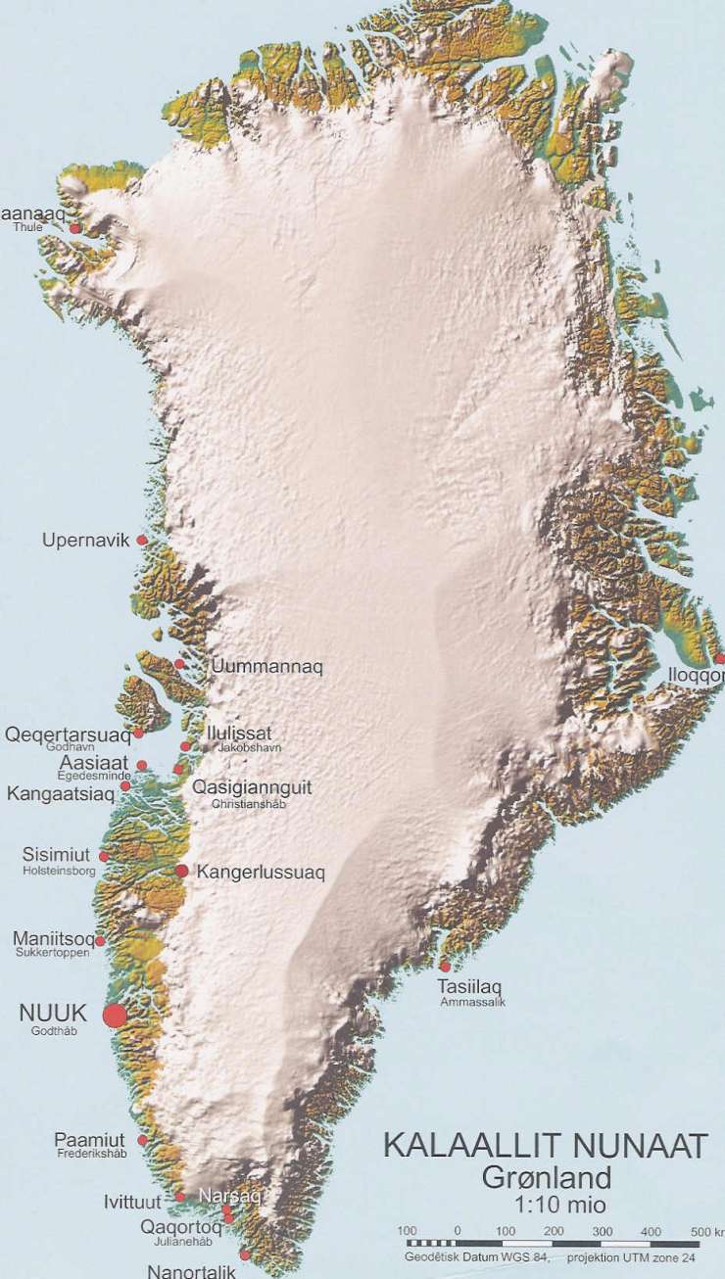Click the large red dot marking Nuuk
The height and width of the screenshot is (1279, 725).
115,1016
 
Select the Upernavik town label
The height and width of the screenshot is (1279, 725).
86,541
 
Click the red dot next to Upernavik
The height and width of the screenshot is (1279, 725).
142,540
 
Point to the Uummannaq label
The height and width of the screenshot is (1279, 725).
266,667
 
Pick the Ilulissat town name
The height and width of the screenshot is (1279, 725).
239,733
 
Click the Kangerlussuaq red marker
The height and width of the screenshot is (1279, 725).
181,870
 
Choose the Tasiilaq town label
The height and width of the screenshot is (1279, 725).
470,987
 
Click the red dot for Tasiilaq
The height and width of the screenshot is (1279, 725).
445,967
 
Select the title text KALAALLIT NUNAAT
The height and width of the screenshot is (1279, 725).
545,1146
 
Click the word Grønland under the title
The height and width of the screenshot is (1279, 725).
547,1177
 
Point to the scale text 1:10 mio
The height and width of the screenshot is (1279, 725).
547,1204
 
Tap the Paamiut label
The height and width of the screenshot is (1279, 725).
89,1141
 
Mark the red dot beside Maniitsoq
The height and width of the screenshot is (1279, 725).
100,941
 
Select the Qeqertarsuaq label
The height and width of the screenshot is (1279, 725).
68,734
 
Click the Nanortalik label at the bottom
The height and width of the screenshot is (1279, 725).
191,1271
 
